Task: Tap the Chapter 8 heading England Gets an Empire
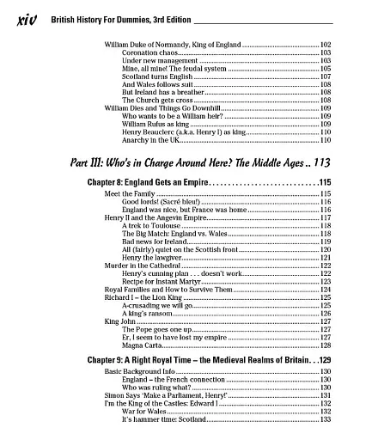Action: coord(154,183)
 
